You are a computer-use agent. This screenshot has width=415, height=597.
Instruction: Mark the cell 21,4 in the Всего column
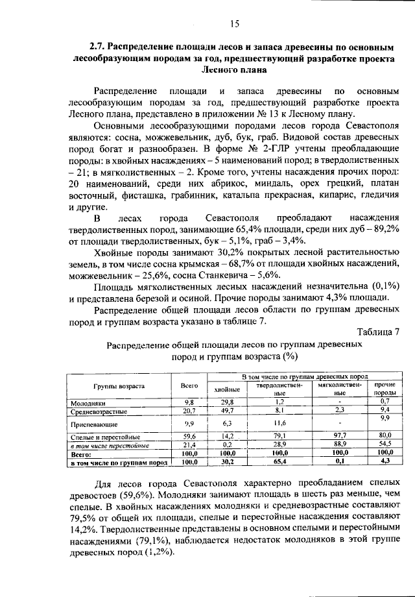click(x=189, y=446)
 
